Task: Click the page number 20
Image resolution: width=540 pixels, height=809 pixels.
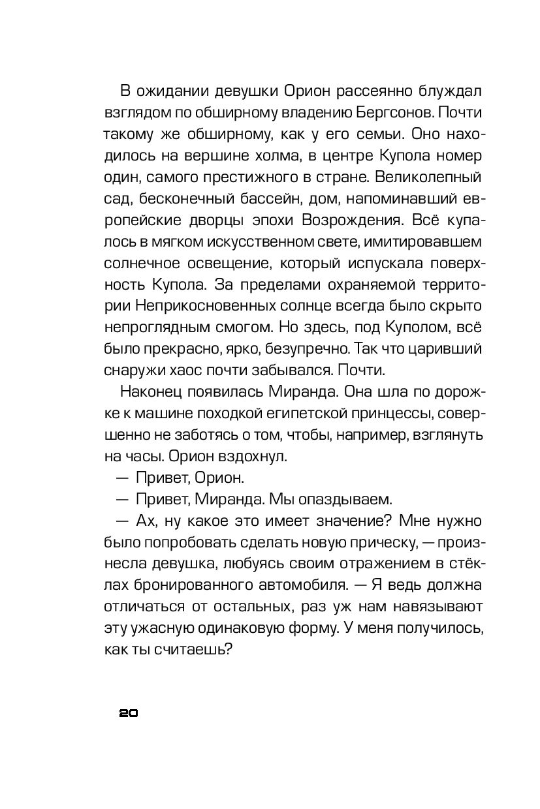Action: [128, 713]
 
